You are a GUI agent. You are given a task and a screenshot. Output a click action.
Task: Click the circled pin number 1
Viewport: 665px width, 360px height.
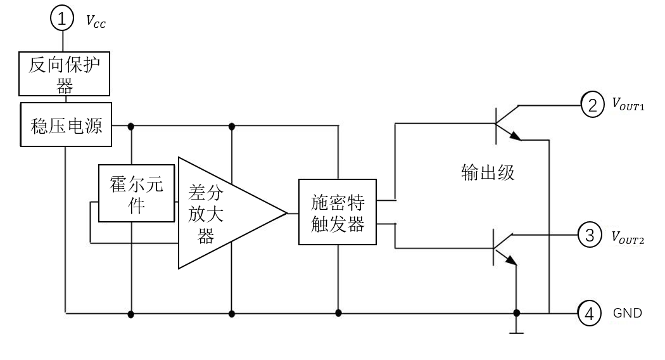click(x=62, y=18)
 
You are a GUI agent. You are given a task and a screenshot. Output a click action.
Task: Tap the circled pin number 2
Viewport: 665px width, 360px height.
click(x=592, y=105)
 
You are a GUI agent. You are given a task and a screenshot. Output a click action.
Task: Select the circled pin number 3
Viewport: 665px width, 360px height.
click(x=589, y=235)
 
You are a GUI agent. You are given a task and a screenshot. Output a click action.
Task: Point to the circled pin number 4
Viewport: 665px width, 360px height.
click(x=590, y=313)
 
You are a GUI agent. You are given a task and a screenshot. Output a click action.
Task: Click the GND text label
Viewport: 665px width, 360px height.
click(x=627, y=313)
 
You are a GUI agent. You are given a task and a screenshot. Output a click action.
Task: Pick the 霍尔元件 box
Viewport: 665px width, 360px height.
click(x=136, y=193)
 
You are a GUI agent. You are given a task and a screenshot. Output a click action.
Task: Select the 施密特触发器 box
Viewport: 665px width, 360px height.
click(x=338, y=212)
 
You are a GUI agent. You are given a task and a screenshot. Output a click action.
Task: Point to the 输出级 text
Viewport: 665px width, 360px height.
click(x=488, y=172)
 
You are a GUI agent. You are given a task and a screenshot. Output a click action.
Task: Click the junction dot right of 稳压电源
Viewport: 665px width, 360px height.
click(x=131, y=126)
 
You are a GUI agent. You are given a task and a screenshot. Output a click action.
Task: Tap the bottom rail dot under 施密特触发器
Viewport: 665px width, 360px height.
click(x=338, y=313)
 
